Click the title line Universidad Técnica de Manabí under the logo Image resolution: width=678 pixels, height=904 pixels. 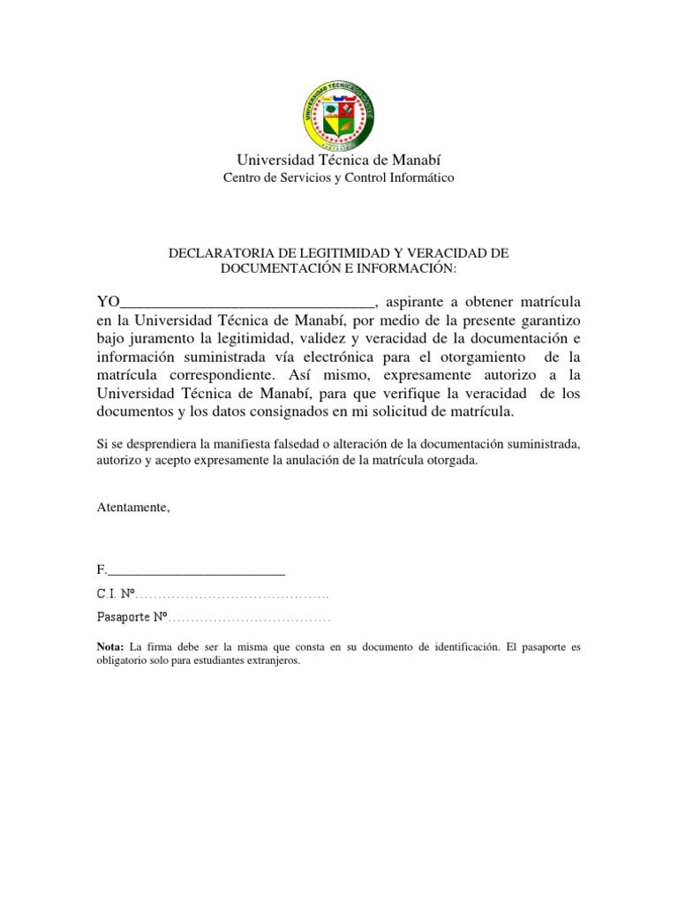pos(338,159)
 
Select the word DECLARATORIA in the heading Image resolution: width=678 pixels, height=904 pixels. pos(219,253)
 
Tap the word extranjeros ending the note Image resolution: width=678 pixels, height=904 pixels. pos(271,661)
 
